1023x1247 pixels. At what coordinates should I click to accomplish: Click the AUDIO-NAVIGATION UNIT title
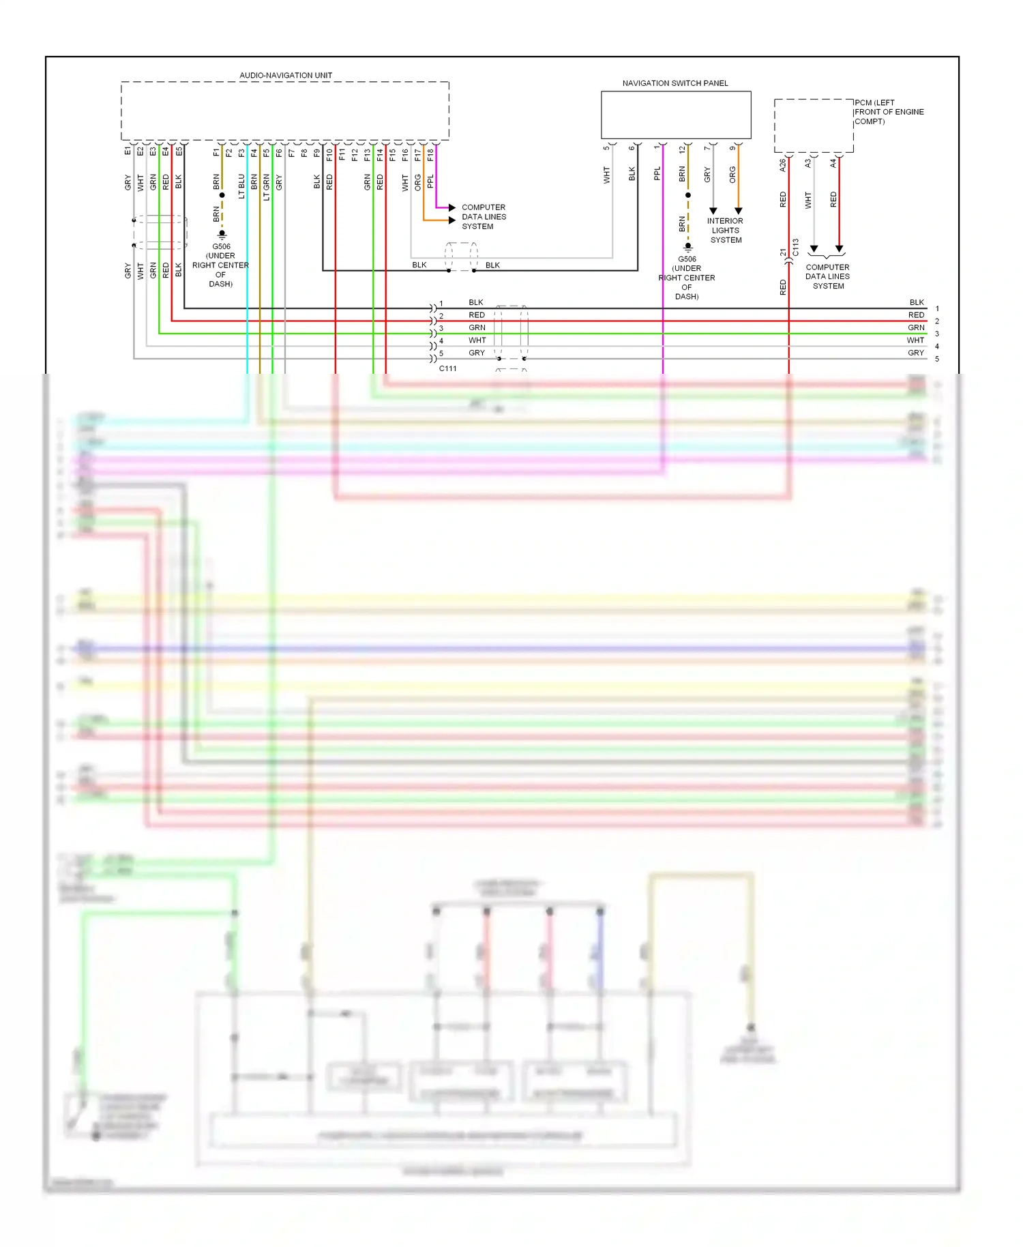[286, 75]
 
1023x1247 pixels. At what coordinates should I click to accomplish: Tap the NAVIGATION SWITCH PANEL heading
[674, 83]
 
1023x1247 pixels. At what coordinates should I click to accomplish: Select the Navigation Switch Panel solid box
[675, 115]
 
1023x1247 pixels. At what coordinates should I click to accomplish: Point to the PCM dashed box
[813, 126]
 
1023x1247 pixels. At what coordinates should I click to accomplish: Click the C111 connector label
[447, 368]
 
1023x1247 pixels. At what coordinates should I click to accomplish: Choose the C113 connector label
[795, 247]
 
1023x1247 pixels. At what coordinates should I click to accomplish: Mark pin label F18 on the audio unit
[430, 155]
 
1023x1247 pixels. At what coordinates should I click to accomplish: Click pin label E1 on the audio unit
[128, 151]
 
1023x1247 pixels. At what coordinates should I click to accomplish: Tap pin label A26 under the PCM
[783, 164]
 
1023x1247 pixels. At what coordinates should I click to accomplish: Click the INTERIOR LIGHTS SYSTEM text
[725, 231]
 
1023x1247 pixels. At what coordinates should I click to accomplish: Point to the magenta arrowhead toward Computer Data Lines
[451, 207]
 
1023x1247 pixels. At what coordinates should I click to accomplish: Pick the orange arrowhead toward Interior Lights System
[738, 211]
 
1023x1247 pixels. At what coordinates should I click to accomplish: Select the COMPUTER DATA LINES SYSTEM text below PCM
[827, 277]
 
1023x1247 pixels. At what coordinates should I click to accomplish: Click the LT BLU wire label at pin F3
[241, 186]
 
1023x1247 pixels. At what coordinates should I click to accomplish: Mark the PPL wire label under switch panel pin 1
[657, 174]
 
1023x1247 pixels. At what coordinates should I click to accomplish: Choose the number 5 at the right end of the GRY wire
[937, 359]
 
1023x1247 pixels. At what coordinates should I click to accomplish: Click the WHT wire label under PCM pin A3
[808, 200]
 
